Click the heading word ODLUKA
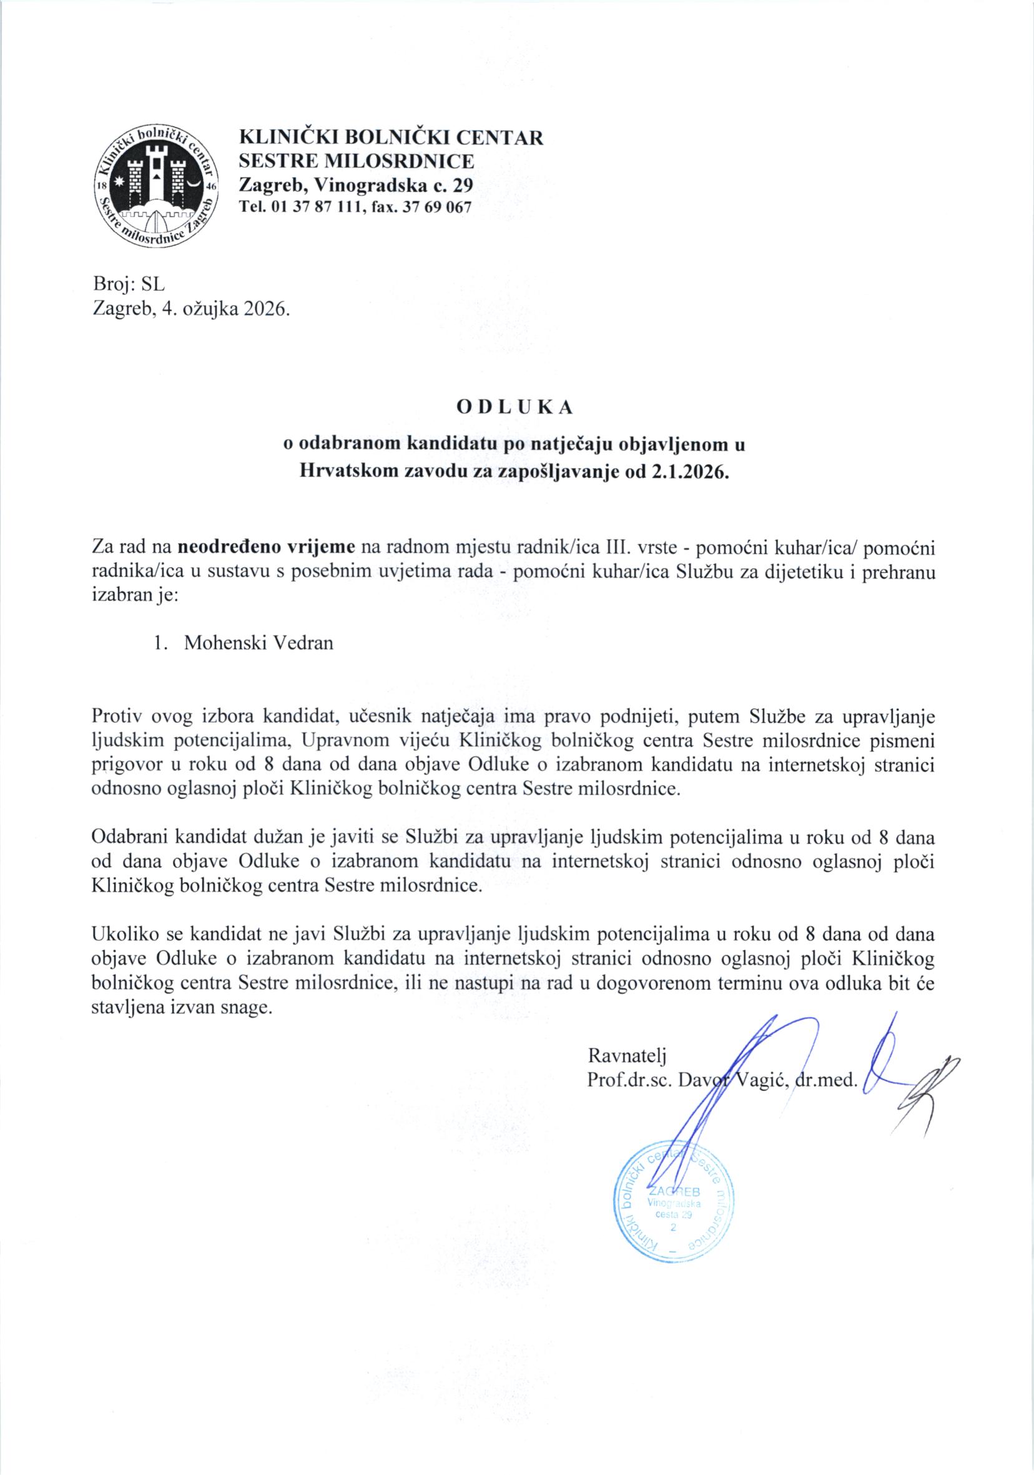point(515,407)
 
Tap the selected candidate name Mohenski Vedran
point(259,643)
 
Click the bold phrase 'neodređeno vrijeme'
point(267,547)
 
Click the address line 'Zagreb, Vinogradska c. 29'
point(356,186)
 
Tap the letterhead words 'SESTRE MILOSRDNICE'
point(357,161)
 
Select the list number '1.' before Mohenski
point(161,643)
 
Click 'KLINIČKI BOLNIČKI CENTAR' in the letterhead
point(391,137)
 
